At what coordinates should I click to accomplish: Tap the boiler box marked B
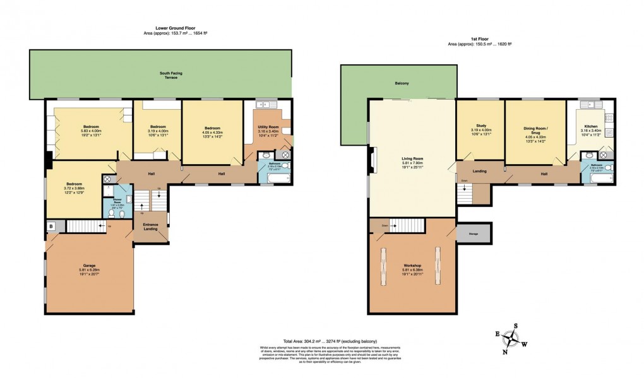[50, 226]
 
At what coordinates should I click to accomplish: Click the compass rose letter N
[504, 352]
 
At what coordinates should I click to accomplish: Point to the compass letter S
[516, 326]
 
